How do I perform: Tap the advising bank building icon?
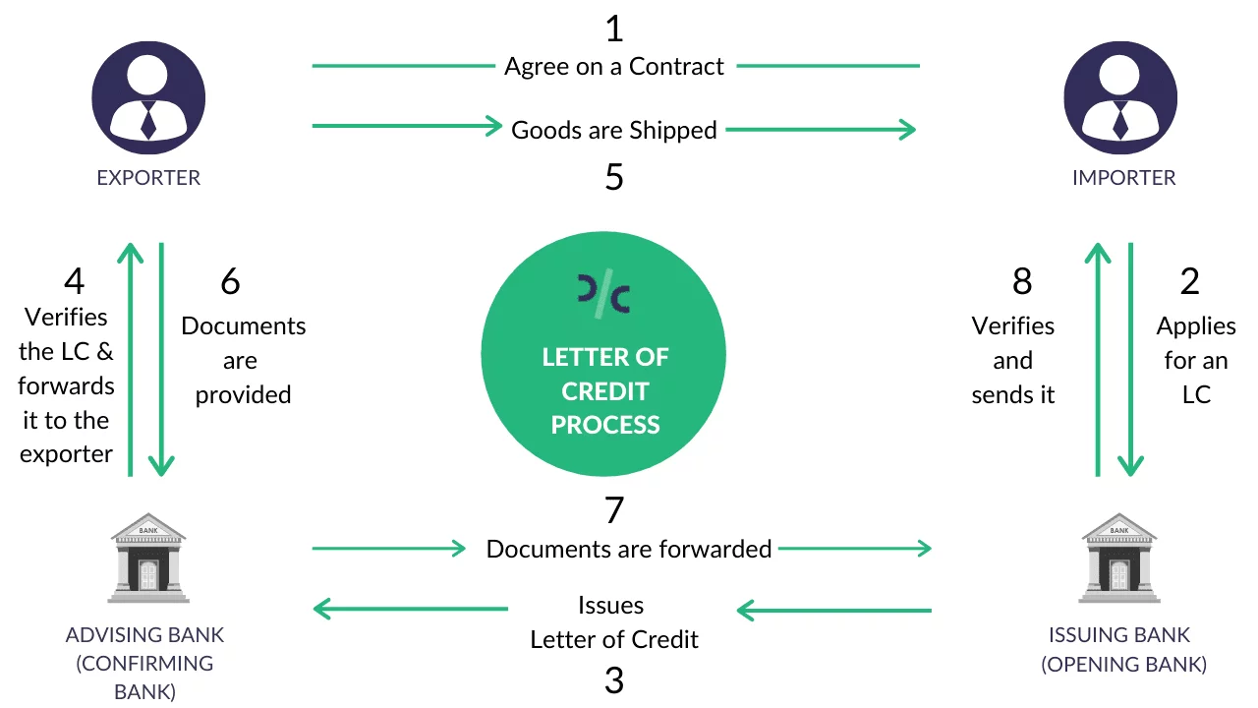pyautogui.click(x=147, y=558)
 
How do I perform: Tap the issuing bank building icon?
pyautogui.click(x=1119, y=558)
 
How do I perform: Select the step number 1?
pyautogui.click(x=614, y=29)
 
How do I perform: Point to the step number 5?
pyautogui.click(x=614, y=178)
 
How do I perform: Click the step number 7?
pyautogui.click(x=614, y=510)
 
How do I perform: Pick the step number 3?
pyautogui.click(x=614, y=680)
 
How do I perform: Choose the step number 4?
pyautogui.click(x=74, y=282)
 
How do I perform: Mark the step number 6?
pyautogui.click(x=230, y=282)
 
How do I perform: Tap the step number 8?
pyautogui.click(x=1022, y=282)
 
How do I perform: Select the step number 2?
pyautogui.click(x=1190, y=282)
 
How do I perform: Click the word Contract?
pyautogui.click(x=676, y=67)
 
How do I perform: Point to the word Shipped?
pyautogui.click(x=673, y=130)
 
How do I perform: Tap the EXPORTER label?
pyautogui.click(x=148, y=178)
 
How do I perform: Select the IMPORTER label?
pyautogui.click(x=1123, y=178)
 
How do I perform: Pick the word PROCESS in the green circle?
pyautogui.click(x=605, y=425)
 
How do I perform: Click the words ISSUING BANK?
pyautogui.click(x=1119, y=635)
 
